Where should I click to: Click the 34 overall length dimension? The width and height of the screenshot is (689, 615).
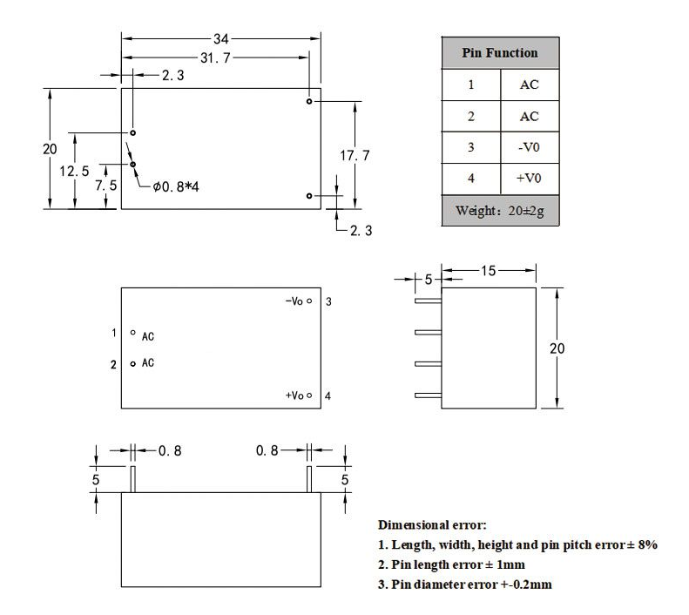221,39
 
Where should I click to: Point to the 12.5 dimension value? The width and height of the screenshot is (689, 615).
74,171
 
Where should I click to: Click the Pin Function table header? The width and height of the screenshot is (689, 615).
499,53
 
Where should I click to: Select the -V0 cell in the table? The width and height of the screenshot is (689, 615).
529,148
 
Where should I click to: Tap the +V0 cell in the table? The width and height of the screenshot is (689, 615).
529,179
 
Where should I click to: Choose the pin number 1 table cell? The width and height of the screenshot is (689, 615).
471,85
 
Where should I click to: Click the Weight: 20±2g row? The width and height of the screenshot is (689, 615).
499,212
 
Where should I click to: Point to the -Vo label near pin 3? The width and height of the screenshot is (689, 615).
294,301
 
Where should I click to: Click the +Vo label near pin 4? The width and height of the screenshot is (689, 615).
294,395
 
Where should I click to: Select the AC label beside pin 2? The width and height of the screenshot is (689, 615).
148,363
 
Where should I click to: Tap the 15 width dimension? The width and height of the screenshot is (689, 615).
488,271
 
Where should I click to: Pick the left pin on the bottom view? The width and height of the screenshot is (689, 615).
132,479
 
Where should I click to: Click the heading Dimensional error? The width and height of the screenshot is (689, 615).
432,525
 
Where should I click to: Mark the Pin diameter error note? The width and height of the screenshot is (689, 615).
464,584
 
